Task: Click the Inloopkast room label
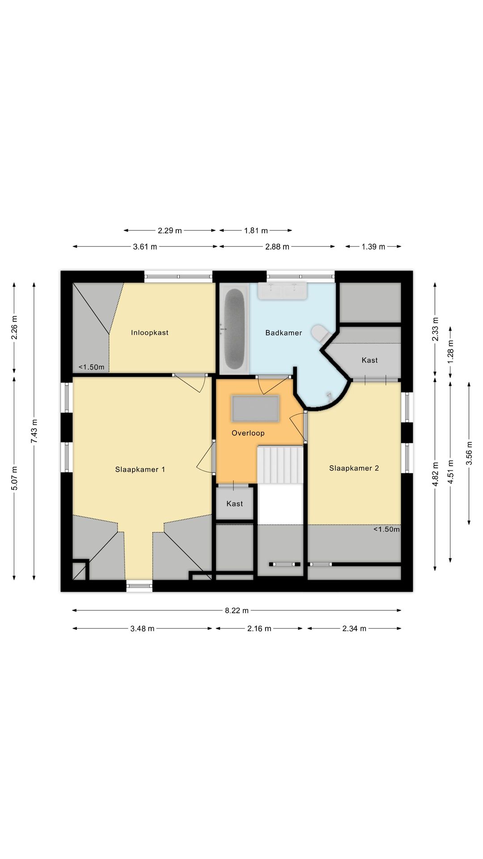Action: click(150, 332)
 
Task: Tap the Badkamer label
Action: click(284, 333)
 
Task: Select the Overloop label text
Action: click(248, 433)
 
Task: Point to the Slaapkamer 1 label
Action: click(140, 469)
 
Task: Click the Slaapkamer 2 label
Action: click(354, 468)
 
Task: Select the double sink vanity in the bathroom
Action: click(282, 290)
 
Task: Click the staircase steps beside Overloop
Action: click(280, 464)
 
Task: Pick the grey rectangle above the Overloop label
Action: click(255, 408)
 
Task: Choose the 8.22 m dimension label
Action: click(237, 610)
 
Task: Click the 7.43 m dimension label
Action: click(34, 432)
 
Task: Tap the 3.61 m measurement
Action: click(145, 247)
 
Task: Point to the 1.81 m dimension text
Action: click(256, 230)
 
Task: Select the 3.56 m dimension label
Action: click(469, 453)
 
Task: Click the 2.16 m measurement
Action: click(259, 629)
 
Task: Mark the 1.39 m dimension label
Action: click(373, 247)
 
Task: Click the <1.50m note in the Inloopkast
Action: click(92, 367)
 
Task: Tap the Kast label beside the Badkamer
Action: click(370, 360)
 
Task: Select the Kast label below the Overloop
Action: click(235, 504)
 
